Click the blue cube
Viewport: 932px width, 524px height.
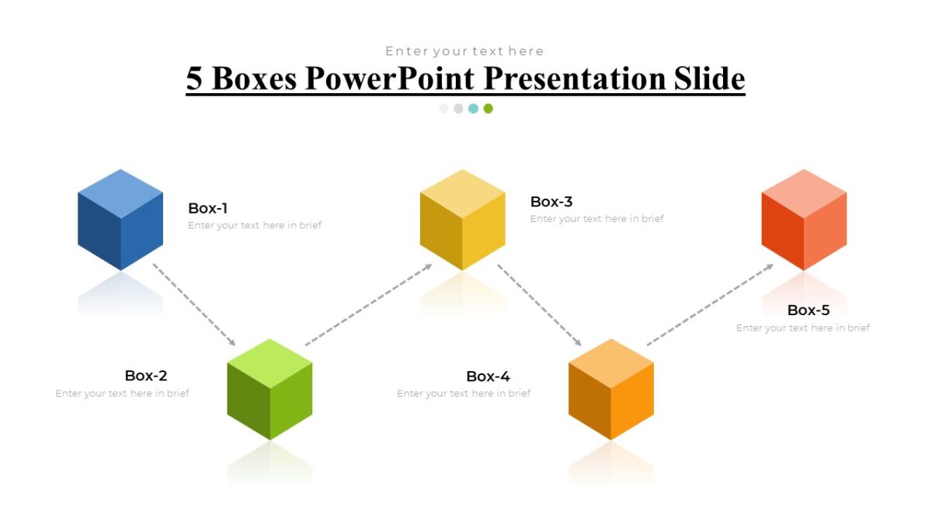click(120, 220)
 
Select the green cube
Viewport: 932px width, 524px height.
click(270, 389)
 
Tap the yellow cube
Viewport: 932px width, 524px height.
click(462, 220)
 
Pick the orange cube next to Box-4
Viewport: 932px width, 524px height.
click(611, 389)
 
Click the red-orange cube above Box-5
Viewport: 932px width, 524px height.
click(804, 220)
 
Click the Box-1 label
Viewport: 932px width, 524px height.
click(207, 208)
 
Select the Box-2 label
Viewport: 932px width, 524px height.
click(146, 376)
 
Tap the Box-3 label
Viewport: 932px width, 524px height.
click(551, 202)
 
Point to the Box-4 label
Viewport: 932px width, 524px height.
click(488, 377)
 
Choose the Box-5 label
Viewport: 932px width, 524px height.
click(809, 311)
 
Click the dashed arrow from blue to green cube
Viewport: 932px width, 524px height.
click(194, 304)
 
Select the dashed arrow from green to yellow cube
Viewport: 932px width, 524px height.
click(368, 304)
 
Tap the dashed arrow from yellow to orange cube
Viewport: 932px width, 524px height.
click(539, 304)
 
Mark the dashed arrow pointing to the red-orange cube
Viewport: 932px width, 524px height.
click(710, 304)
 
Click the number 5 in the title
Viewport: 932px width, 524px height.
click(194, 78)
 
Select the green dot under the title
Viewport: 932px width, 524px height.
click(488, 109)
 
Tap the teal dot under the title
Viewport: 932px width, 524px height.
click(473, 109)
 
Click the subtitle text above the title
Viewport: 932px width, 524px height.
click(464, 51)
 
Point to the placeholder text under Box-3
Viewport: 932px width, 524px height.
click(596, 219)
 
